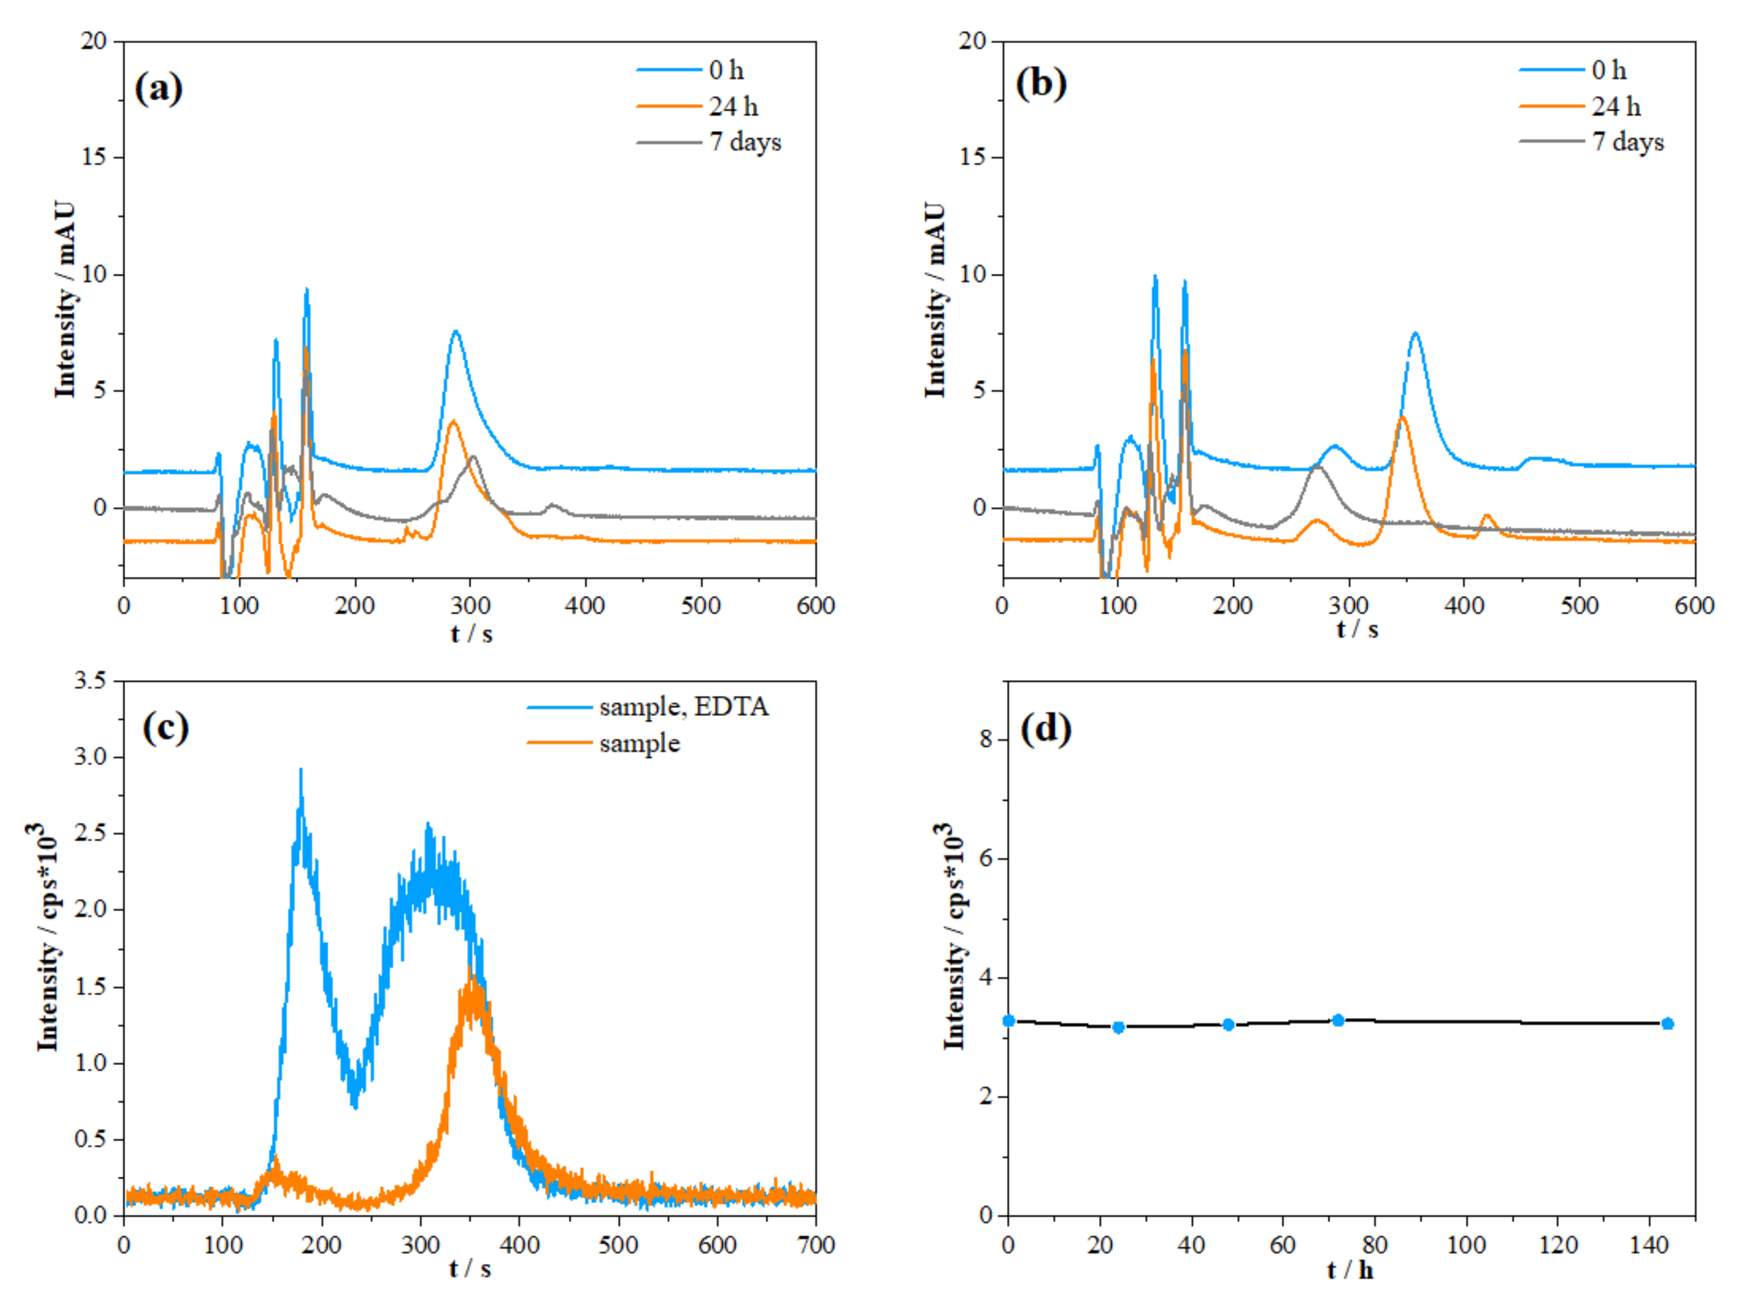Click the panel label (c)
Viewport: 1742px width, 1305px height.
pyautogui.click(x=165, y=727)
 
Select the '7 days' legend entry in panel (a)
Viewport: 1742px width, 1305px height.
pyautogui.click(x=744, y=142)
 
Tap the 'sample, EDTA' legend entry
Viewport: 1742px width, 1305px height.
pyautogui.click(x=683, y=706)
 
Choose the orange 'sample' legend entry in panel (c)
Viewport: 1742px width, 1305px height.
pyautogui.click(x=639, y=743)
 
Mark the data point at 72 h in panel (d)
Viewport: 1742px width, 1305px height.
pyautogui.click(x=1338, y=1020)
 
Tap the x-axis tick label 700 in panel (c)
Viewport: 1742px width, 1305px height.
pyautogui.click(x=816, y=1245)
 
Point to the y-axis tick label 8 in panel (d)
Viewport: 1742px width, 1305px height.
pyautogui.click(x=987, y=740)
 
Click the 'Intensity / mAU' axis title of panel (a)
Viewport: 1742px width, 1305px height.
pyautogui.click(x=65, y=299)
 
